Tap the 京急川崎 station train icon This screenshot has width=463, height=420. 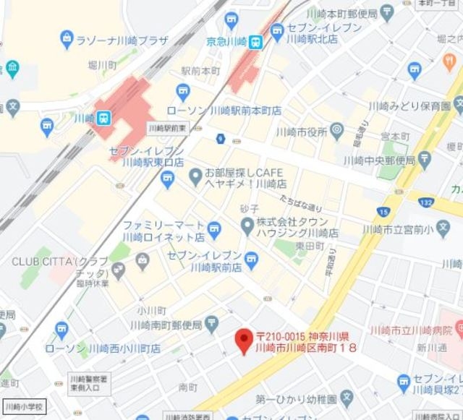click(x=255, y=43)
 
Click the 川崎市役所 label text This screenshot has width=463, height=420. click(x=300, y=132)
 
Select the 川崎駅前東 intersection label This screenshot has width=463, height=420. click(x=167, y=128)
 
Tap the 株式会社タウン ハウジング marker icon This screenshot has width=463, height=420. click(x=248, y=227)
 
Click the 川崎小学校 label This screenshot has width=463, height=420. click(x=24, y=407)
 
